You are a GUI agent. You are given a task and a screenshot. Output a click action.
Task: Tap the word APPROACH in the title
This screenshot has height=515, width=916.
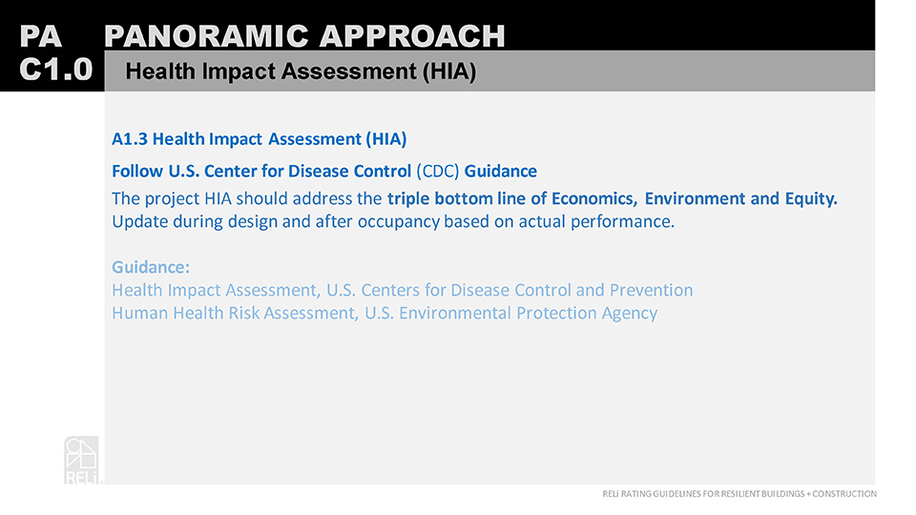pyautogui.click(x=412, y=36)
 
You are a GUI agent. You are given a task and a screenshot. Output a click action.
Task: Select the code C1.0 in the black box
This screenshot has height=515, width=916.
pyautogui.click(x=55, y=70)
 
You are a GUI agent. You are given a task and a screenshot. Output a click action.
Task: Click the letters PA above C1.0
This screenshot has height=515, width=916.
pyautogui.click(x=41, y=36)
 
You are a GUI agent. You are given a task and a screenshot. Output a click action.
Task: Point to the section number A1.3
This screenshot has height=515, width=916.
pyautogui.click(x=130, y=139)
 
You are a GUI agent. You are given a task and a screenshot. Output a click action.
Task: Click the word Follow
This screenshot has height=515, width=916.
pyautogui.click(x=137, y=171)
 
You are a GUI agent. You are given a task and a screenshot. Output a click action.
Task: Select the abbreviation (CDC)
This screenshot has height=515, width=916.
pyautogui.click(x=438, y=171)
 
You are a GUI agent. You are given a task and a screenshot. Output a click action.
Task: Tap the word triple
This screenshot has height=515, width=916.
pyautogui.click(x=408, y=199)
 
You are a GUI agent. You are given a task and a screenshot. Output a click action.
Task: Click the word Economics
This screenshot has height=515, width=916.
pyautogui.click(x=594, y=199)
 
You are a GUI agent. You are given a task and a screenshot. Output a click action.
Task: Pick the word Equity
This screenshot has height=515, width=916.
pyautogui.click(x=811, y=199)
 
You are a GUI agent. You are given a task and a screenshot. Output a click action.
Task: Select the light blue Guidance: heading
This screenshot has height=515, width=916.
pyautogui.click(x=151, y=267)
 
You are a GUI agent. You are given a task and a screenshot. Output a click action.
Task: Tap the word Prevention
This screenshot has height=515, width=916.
pyautogui.click(x=651, y=290)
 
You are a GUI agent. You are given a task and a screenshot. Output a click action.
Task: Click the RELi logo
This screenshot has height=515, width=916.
pyautogui.click(x=82, y=460)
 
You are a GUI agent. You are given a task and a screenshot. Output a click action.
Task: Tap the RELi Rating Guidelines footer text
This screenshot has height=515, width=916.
pyautogui.click(x=739, y=494)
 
